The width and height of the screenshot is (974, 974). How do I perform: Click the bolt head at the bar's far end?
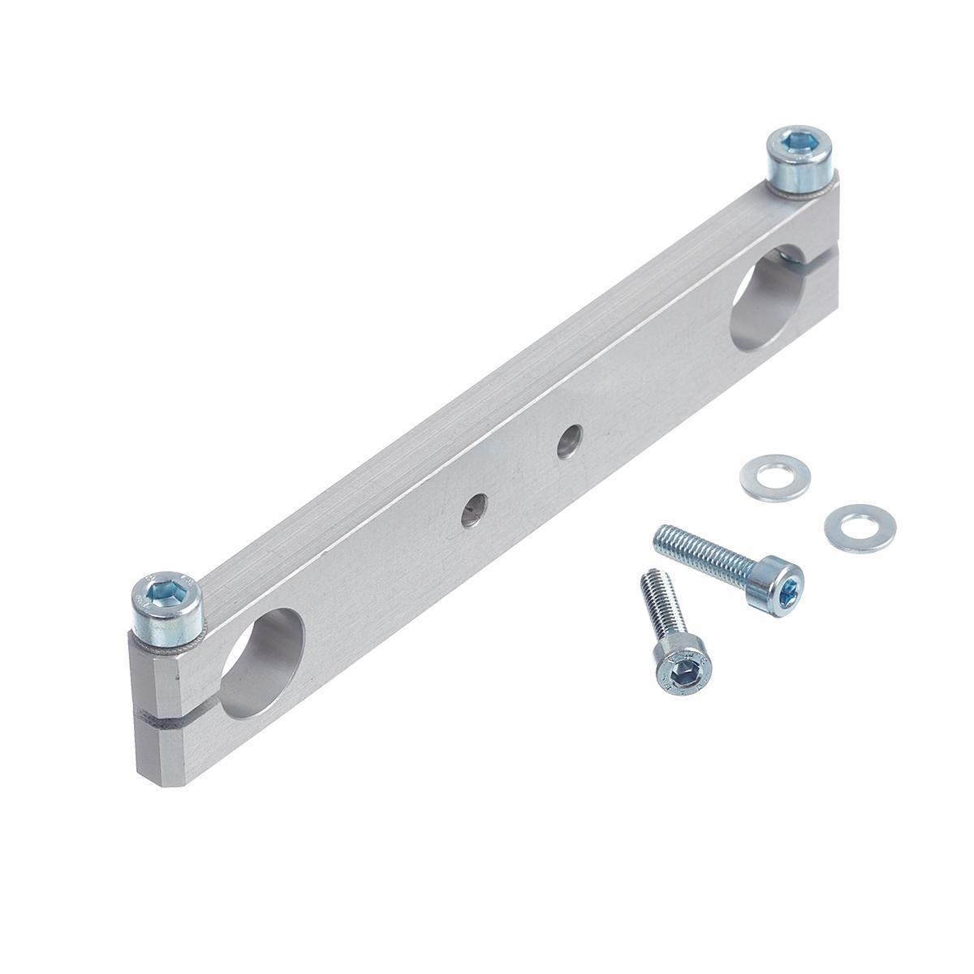(x=799, y=162)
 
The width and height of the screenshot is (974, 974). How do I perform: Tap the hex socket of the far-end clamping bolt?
(x=795, y=146)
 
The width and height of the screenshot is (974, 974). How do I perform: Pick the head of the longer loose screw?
(x=780, y=585)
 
